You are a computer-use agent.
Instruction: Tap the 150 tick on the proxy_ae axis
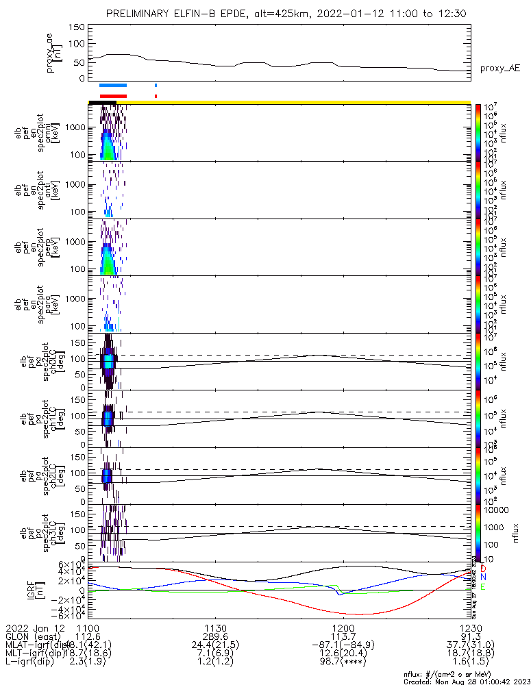[77, 27]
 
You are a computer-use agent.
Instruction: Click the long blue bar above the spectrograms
[113, 85]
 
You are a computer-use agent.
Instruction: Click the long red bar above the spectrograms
[113, 96]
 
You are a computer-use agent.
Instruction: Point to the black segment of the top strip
[102, 102]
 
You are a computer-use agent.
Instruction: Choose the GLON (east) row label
[34, 638]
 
